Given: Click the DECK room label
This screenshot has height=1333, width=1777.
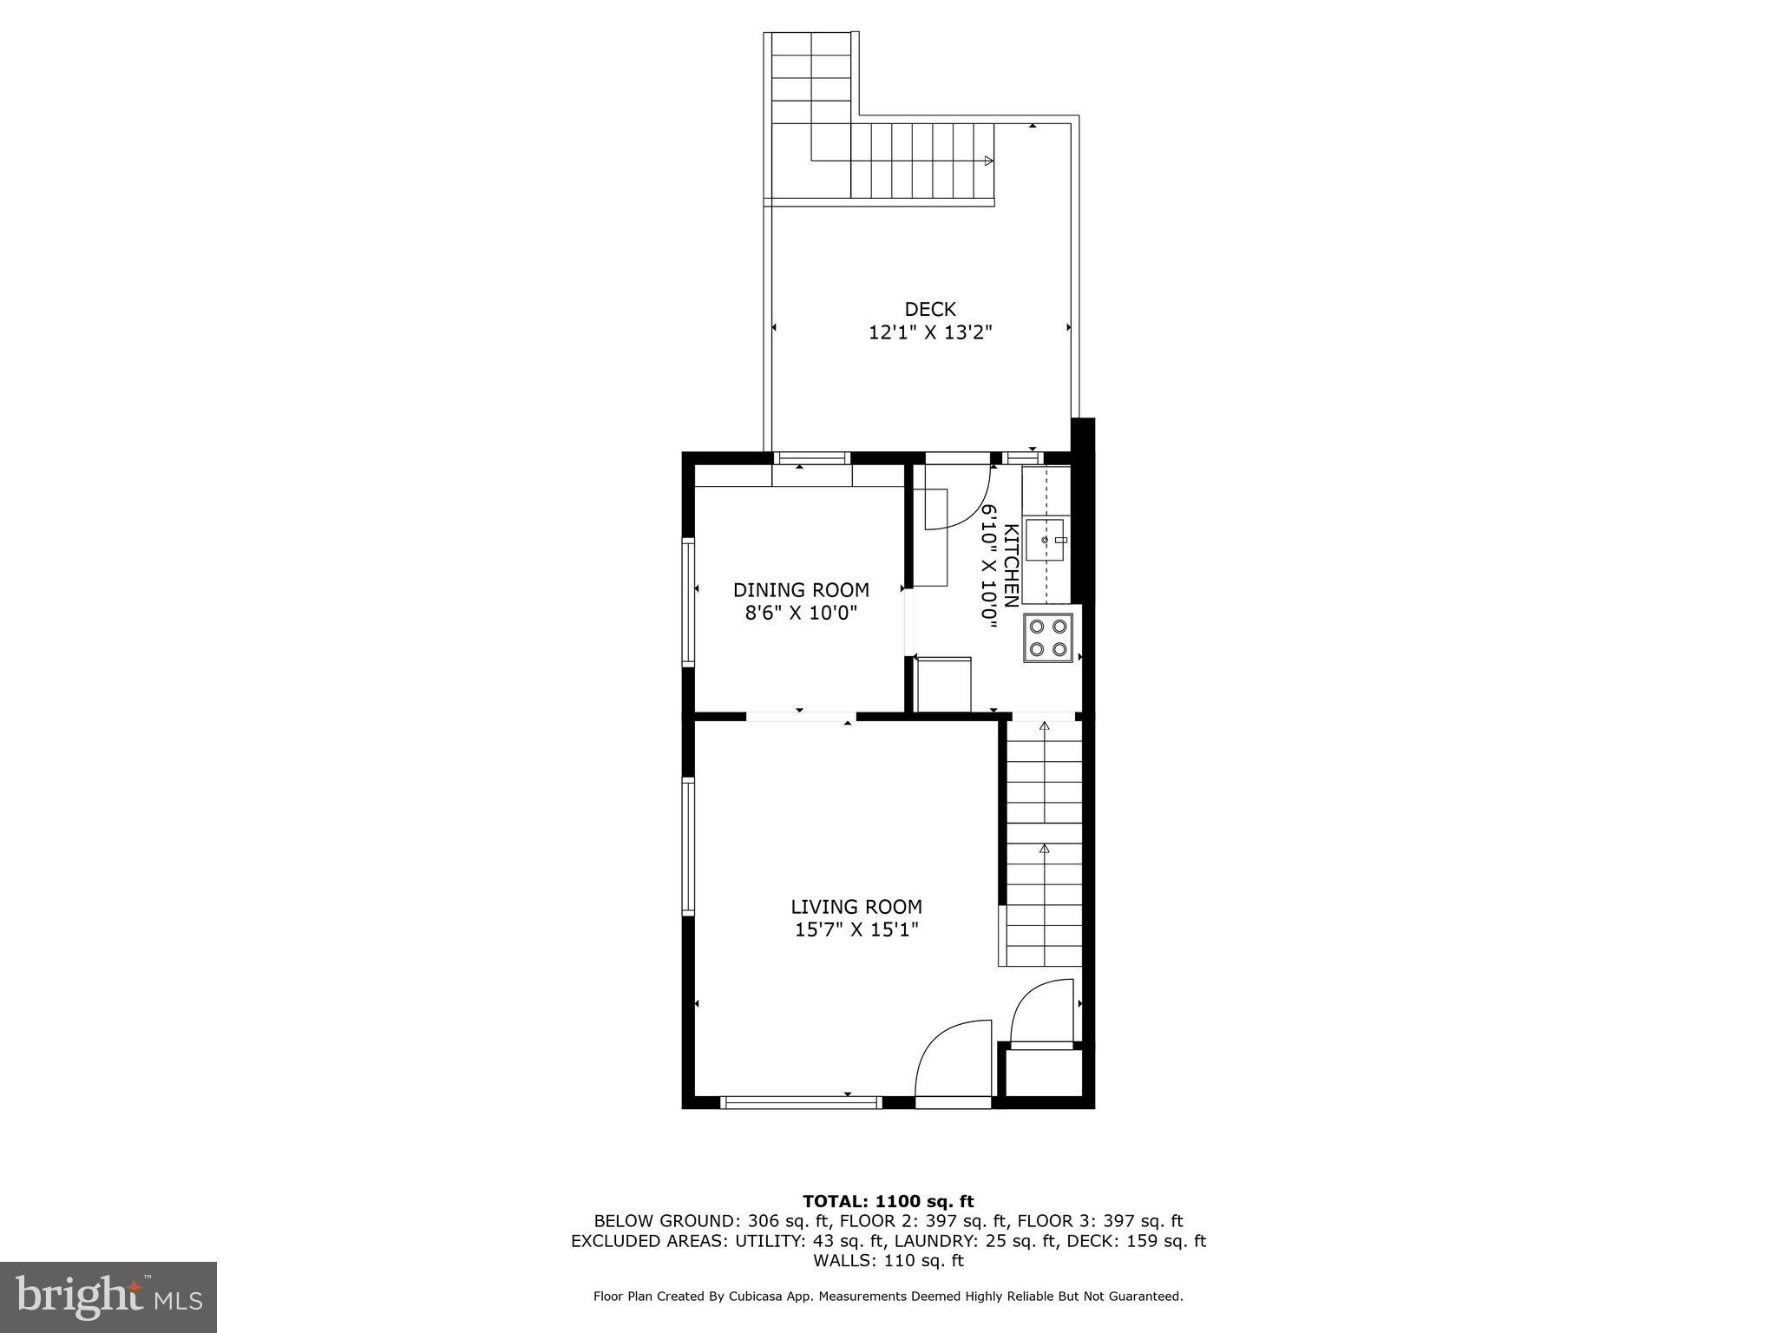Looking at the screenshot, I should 929,309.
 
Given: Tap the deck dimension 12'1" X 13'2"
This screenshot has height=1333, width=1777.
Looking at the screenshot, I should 930,332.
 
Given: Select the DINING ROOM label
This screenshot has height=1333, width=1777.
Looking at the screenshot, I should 801,590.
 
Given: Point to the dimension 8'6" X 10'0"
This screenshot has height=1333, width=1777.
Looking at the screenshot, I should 801,614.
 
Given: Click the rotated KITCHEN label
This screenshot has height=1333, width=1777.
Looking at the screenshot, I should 1011,566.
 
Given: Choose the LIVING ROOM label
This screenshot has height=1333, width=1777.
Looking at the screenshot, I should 856,907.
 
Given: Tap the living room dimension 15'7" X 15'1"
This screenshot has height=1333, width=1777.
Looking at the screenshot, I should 856,930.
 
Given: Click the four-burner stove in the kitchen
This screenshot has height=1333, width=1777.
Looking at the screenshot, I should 1047,638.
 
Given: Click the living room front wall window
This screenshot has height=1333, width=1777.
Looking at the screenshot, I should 801,1102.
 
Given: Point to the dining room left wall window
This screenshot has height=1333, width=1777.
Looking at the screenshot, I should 689,601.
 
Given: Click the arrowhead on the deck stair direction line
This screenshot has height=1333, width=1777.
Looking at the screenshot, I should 988,161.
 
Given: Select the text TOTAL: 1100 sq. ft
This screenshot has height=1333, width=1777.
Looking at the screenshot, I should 888,1202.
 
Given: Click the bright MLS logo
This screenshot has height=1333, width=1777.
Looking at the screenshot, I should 108,1297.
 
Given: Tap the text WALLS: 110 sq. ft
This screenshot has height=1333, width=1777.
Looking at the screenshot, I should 888,1260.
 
